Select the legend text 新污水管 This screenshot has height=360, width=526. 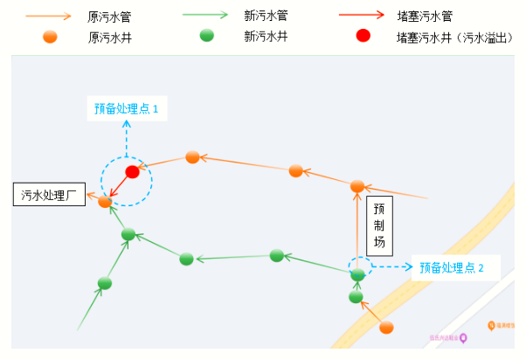[266, 16]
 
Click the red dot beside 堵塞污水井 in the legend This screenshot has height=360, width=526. [363, 37]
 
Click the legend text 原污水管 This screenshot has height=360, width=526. [110, 16]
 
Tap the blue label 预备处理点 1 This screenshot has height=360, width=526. [127, 109]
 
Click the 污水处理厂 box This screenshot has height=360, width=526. [49, 194]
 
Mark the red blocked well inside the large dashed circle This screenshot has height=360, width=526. [132, 171]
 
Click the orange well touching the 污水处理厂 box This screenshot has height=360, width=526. [105, 202]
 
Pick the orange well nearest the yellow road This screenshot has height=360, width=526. [386, 327]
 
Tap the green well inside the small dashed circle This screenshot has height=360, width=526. [357, 274]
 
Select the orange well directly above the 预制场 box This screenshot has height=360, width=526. [357, 186]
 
